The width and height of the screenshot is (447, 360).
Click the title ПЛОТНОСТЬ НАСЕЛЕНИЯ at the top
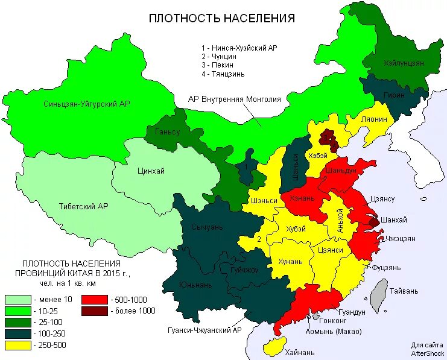(x=222, y=18)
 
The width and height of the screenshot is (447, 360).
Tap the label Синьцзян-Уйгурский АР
(x=87, y=104)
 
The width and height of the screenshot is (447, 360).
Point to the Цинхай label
(x=151, y=171)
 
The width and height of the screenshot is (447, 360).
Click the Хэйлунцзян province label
(x=404, y=63)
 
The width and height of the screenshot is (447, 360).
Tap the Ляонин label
(x=374, y=119)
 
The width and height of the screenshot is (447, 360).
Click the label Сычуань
(x=207, y=227)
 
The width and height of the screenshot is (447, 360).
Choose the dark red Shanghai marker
(x=373, y=222)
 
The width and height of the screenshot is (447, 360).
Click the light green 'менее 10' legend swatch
(x=17, y=299)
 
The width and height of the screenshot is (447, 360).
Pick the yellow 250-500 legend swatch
(x=17, y=346)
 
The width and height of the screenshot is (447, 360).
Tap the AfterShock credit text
(x=428, y=352)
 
